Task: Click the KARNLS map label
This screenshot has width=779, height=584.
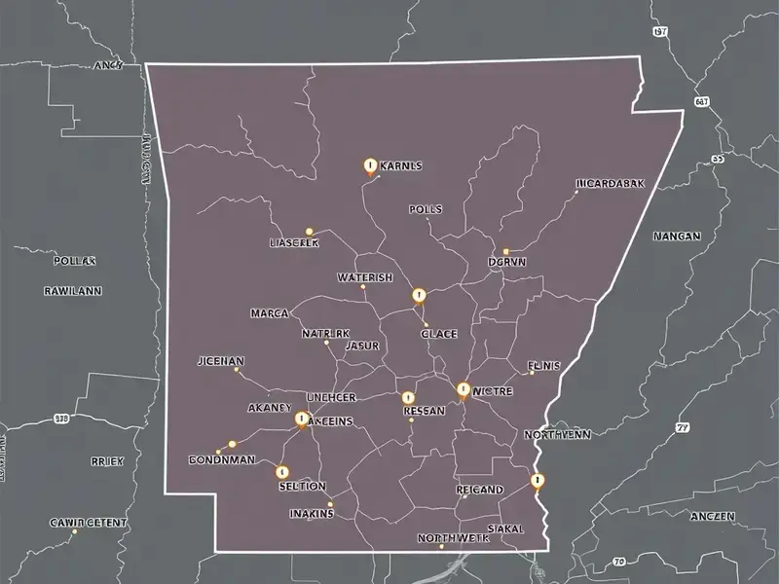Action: point(398,166)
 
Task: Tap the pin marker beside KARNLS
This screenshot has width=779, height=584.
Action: point(369,166)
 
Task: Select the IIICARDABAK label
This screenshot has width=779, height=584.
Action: point(610,183)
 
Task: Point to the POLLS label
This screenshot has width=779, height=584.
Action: point(426,209)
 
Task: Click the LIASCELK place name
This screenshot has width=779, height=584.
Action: point(293,243)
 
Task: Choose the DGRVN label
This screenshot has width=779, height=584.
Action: point(506,261)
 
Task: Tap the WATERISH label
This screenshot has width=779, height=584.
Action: point(364,277)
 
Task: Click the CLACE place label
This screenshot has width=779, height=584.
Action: point(439,334)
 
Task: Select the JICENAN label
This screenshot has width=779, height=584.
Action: point(220,361)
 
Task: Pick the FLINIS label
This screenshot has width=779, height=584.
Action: point(544,366)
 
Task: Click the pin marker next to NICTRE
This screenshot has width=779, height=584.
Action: point(464,390)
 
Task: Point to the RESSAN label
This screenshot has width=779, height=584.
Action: point(424,411)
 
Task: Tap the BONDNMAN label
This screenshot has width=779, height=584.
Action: point(220,457)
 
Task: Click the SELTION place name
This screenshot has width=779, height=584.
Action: point(302,486)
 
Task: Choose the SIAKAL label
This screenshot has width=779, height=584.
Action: point(504,529)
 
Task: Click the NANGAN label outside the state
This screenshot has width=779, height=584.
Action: point(677,236)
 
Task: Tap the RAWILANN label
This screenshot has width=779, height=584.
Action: point(73,290)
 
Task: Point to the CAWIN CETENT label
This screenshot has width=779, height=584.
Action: point(88,523)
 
